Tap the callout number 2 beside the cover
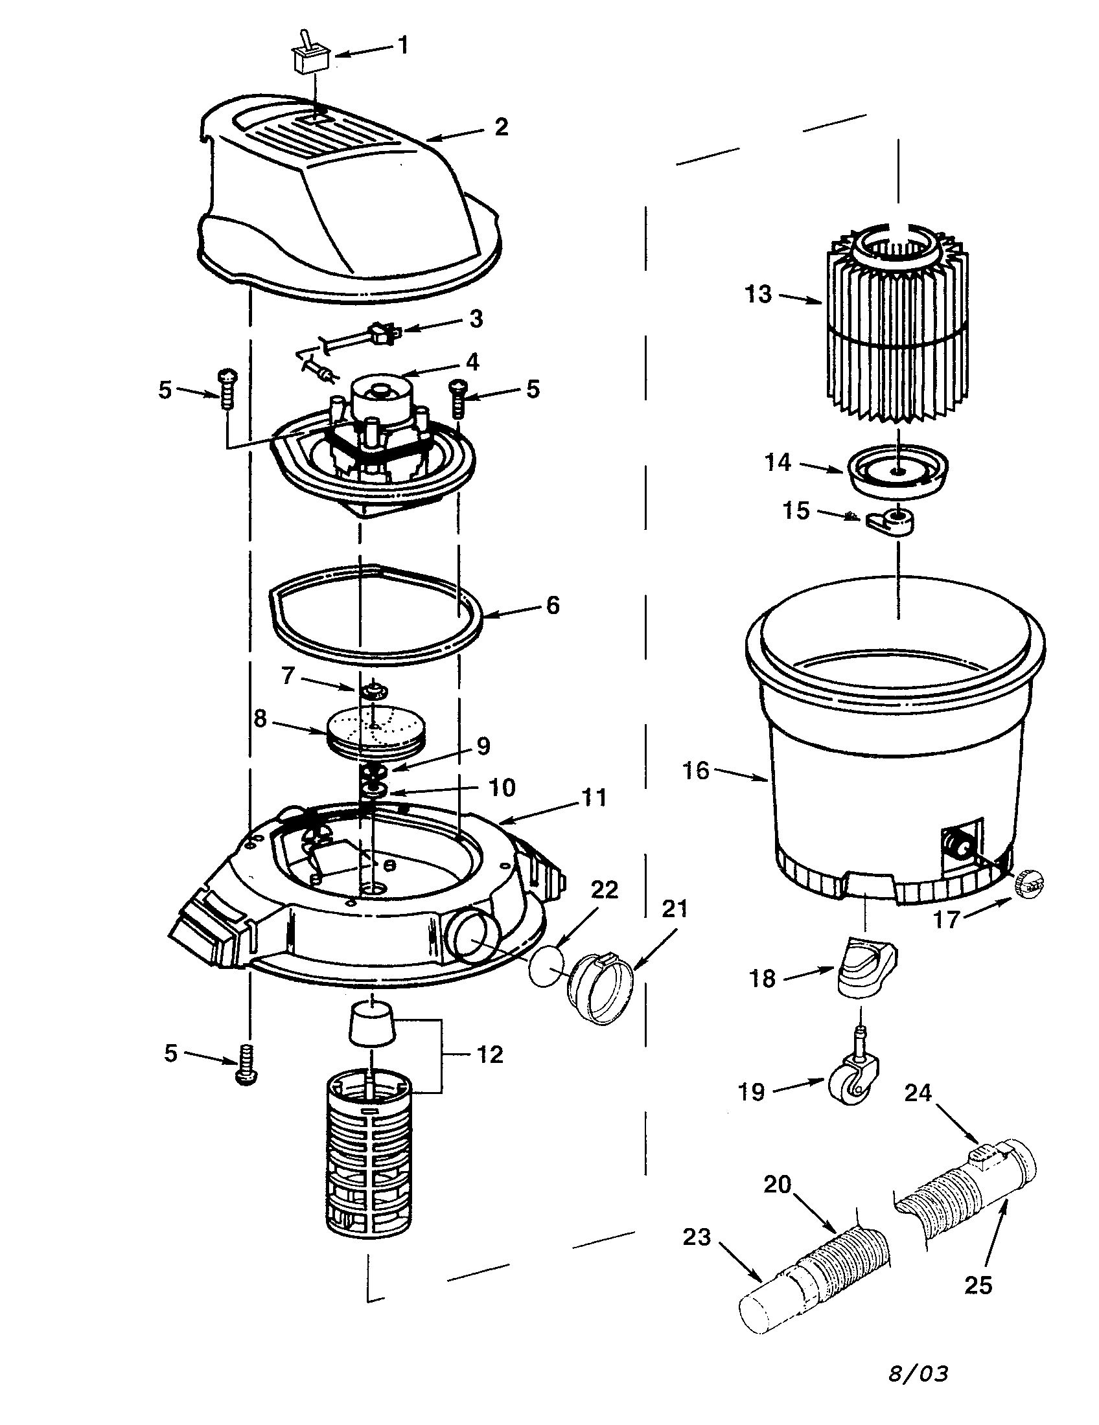point(500,126)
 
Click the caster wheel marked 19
point(853,1087)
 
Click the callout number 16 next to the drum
point(696,771)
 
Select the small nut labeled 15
point(890,521)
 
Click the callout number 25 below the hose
point(977,1285)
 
